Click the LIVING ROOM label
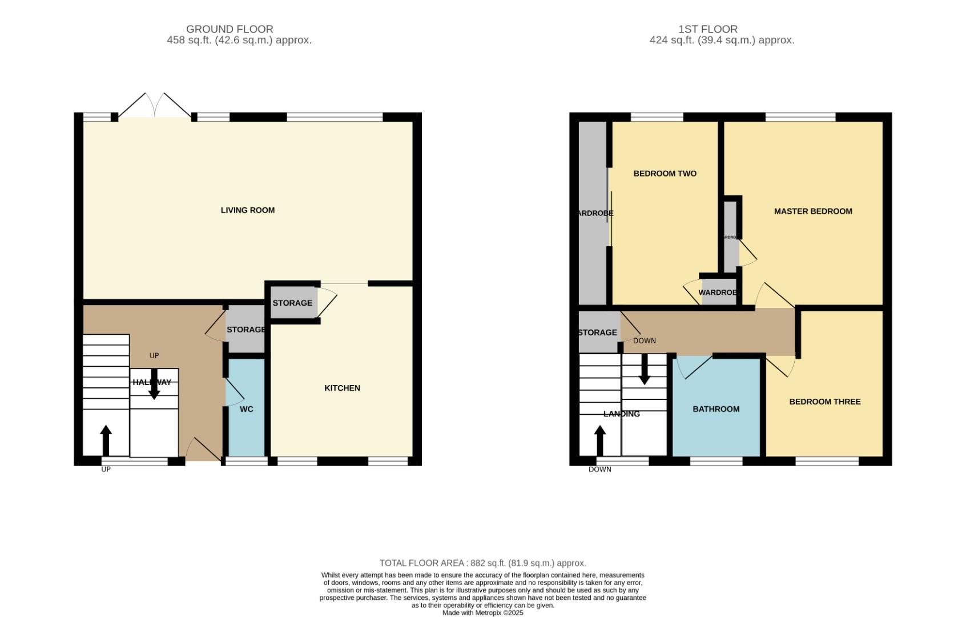point(247,210)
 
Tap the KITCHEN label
point(342,388)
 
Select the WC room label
point(246,409)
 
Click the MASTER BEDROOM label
point(812,211)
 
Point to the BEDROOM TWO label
point(665,174)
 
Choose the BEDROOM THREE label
point(824,402)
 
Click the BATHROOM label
point(715,409)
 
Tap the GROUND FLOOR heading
point(230,29)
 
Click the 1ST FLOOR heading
point(707,29)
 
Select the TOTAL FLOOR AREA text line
point(482,563)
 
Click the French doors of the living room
point(155,106)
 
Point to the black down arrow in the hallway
point(154,384)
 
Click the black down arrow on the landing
point(644,370)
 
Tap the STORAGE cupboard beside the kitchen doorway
point(292,303)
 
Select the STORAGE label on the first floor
point(597,332)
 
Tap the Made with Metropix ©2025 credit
point(482,612)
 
